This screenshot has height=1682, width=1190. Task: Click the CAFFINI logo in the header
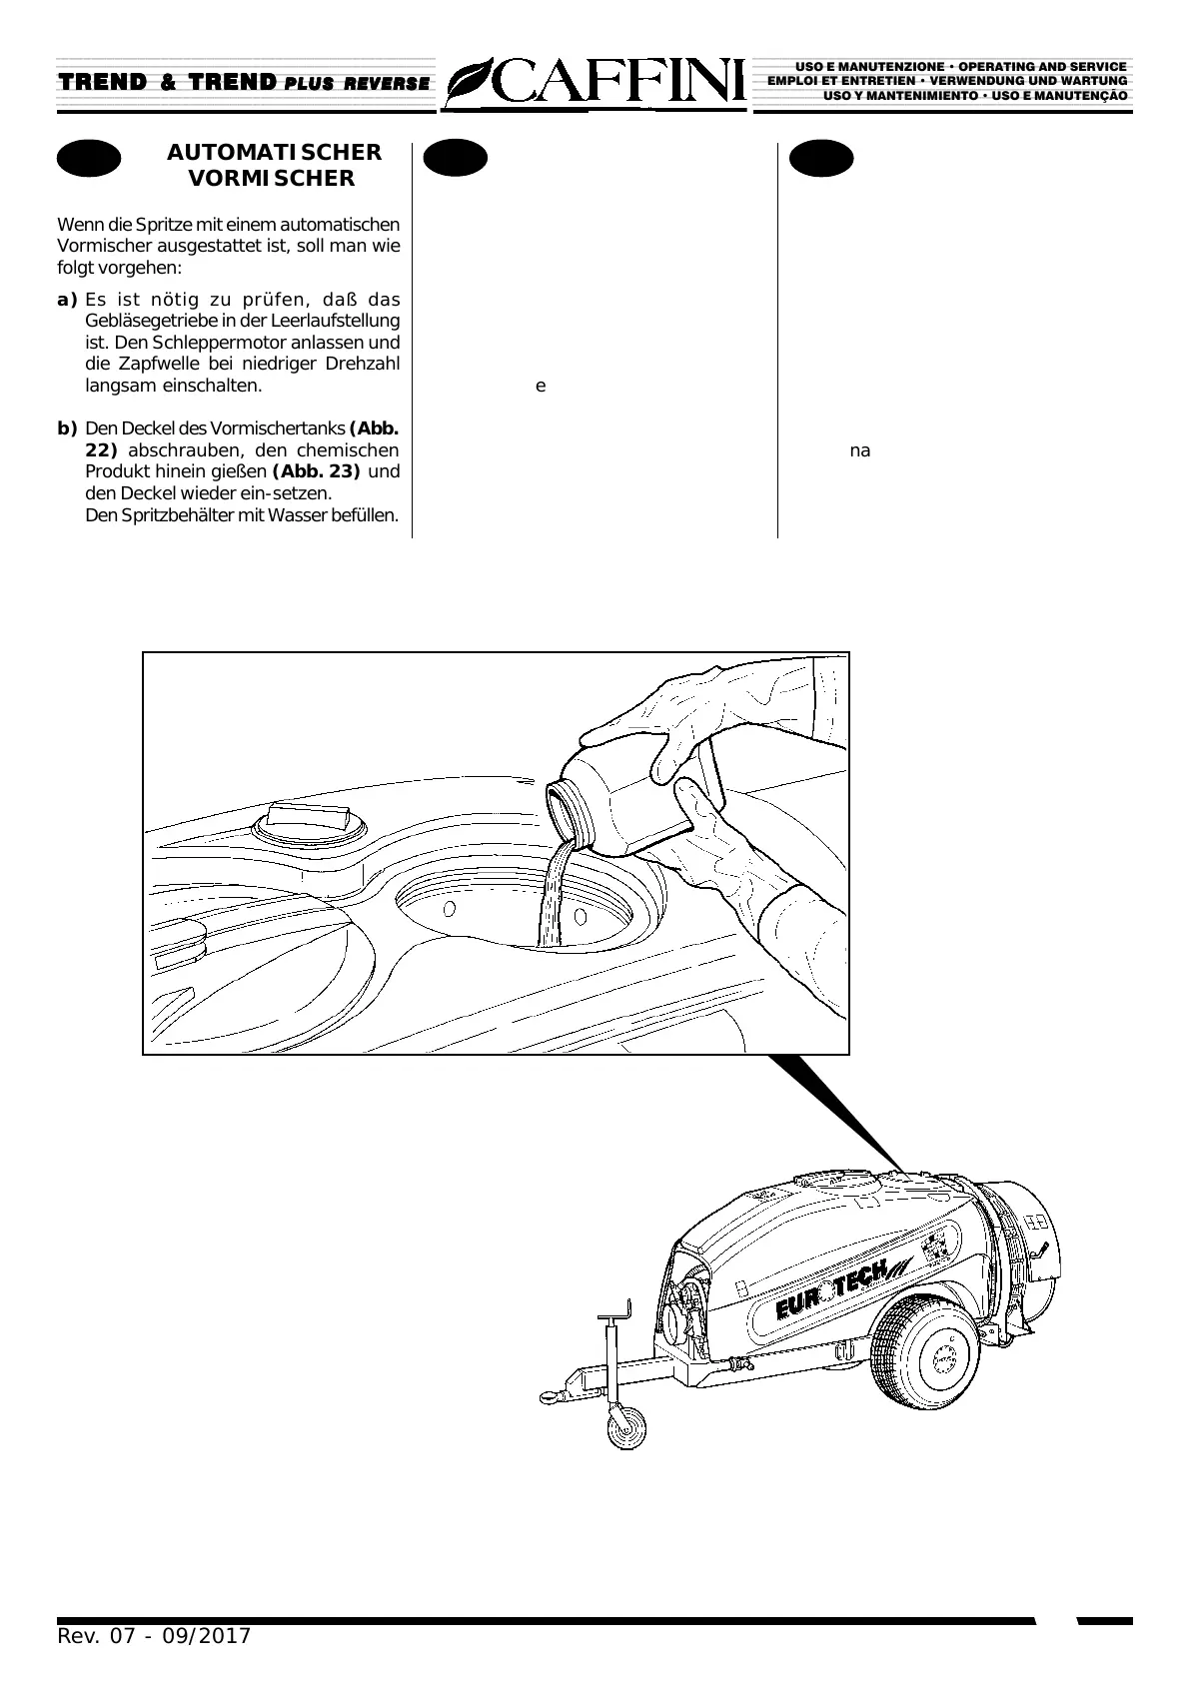(x=597, y=83)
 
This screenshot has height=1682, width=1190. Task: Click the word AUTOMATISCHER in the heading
(x=274, y=153)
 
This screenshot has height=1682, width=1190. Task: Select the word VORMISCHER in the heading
(x=272, y=179)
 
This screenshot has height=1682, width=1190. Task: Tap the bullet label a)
(x=67, y=300)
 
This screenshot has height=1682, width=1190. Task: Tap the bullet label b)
(x=67, y=429)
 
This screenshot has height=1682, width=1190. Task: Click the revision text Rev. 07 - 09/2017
(x=154, y=1636)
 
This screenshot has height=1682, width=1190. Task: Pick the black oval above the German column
(x=89, y=159)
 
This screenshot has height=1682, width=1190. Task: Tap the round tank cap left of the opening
(x=309, y=824)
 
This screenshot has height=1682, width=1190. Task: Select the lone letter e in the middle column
(x=541, y=387)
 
